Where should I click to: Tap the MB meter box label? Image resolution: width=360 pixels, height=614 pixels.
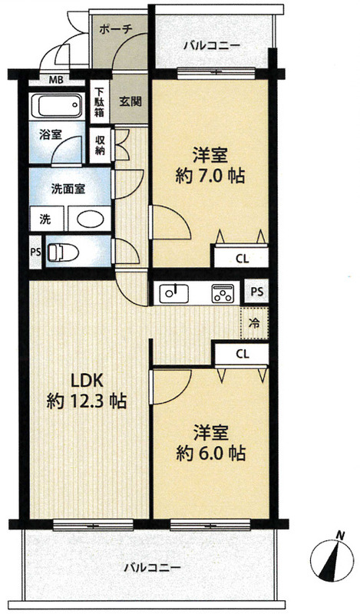pyautogui.click(x=56, y=79)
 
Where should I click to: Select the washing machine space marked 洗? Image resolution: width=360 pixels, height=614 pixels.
pyautogui.click(x=45, y=219)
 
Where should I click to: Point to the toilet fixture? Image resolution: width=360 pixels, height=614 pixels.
pyautogui.click(x=65, y=251)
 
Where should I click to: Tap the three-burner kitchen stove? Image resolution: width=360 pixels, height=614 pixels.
pyautogui.click(x=222, y=292)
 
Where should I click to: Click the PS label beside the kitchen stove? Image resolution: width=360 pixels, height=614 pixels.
pyautogui.click(x=257, y=292)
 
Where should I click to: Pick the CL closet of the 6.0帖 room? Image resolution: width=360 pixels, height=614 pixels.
pyautogui.click(x=241, y=354)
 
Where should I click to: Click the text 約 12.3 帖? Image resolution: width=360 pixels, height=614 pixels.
pyautogui.click(x=86, y=401)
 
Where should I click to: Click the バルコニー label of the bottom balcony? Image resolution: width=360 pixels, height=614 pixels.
pyautogui.click(x=153, y=569)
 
